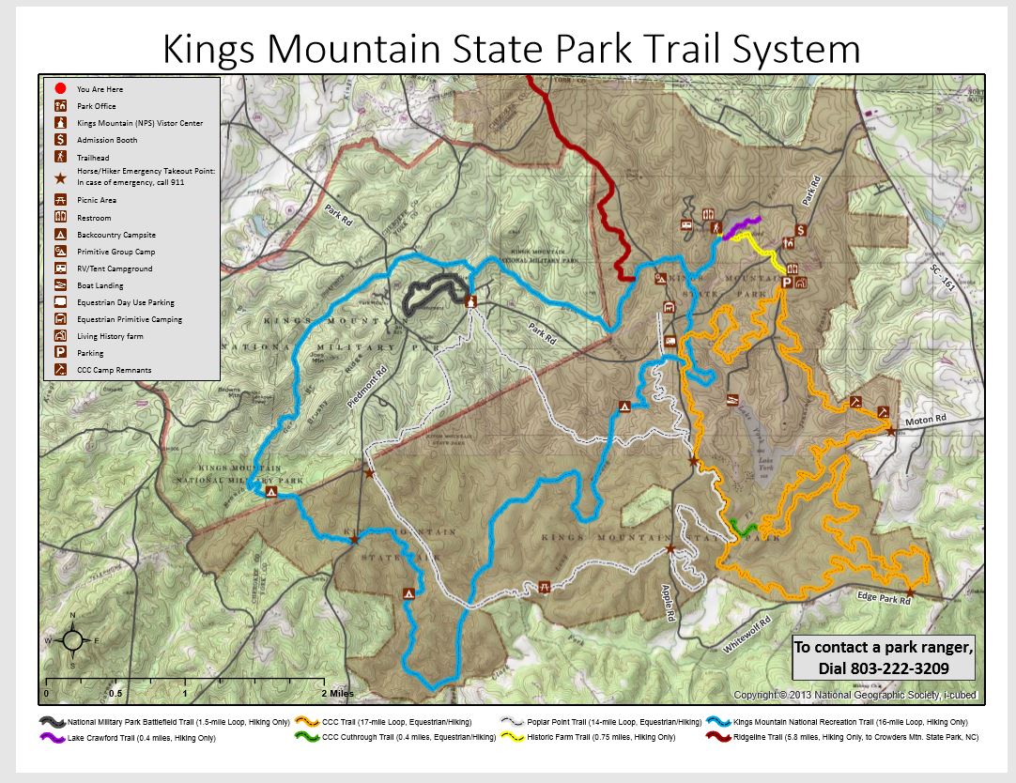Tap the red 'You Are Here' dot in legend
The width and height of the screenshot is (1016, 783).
59,88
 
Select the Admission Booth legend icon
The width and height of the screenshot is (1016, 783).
59,140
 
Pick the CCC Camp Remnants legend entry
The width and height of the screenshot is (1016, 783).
114,370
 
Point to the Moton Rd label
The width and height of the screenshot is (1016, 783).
925,423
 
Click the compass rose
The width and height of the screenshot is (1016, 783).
71,640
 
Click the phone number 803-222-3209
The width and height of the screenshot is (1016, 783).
883,668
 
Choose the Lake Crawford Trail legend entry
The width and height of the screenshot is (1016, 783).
141,738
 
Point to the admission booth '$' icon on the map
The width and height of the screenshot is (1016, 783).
800,230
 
